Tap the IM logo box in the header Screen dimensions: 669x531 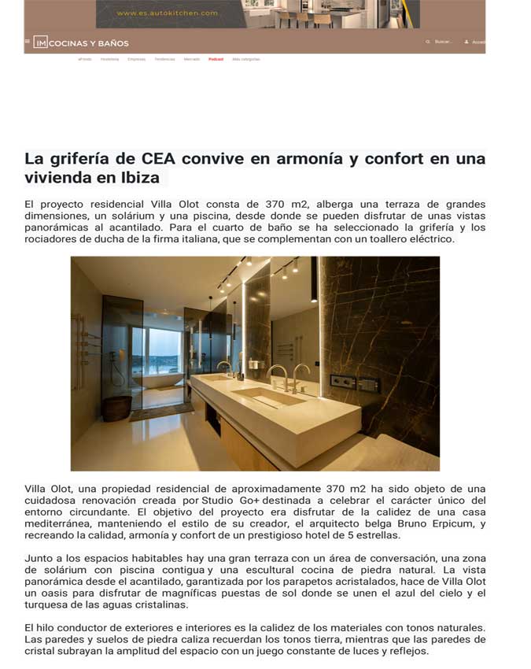click(x=40, y=43)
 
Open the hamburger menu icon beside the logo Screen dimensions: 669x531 click(x=28, y=42)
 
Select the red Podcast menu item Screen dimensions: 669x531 click(x=216, y=59)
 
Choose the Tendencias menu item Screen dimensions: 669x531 click(x=164, y=59)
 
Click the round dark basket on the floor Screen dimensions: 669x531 click(x=117, y=408)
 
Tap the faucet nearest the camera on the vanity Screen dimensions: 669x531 click(x=301, y=373)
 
